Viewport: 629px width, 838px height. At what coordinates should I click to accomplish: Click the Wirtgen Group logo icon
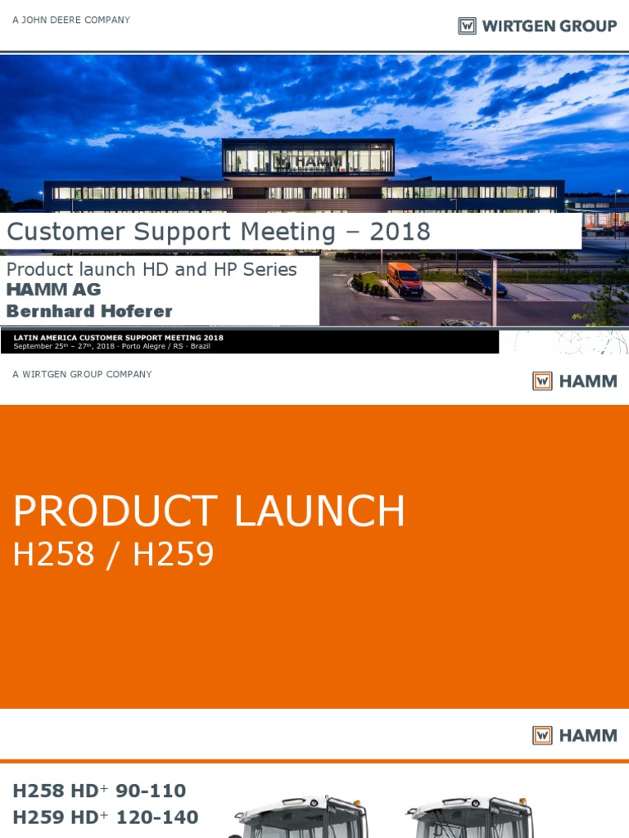coord(467,26)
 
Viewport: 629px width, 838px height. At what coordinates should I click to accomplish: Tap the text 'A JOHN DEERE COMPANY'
coord(71,20)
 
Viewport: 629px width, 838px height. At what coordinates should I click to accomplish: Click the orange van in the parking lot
coord(405,278)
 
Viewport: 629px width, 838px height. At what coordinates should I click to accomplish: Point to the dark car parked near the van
coord(484,282)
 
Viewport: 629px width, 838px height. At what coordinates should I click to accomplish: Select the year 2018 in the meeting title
coord(400,232)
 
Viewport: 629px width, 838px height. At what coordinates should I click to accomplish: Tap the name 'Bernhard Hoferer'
coord(89,311)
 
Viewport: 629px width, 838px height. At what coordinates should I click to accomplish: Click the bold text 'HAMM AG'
coord(54,290)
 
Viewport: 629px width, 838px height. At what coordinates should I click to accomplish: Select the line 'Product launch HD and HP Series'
coord(152,269)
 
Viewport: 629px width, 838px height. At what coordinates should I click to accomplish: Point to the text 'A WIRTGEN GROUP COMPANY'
coord(82,374)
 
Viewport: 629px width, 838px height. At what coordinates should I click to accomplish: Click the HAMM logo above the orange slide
coord(575,381)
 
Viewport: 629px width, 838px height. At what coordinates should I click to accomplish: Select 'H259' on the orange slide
coord(173,555)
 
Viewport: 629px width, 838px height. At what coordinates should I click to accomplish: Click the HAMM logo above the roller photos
coord(575,735)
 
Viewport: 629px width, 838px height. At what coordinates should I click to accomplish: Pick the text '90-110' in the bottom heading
coord(151,791)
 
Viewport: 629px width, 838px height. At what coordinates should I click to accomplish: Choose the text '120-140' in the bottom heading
coord(158,817)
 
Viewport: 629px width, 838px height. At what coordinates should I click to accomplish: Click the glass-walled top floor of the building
coord(308,157)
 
